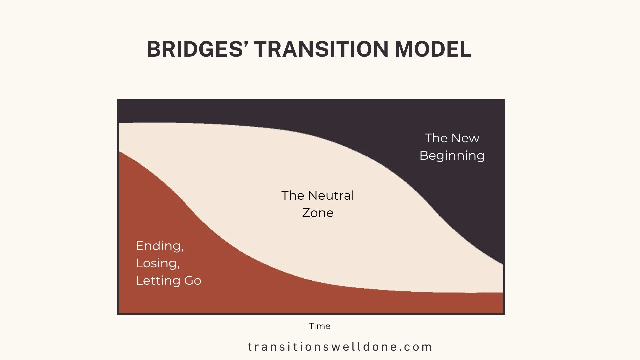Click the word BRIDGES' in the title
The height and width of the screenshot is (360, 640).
197,49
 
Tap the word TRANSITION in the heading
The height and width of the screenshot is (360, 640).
321,49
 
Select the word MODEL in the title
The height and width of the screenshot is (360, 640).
433,49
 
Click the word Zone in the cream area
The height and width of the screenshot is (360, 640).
318,213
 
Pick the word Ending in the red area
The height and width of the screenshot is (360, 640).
158,246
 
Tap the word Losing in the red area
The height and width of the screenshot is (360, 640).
156,263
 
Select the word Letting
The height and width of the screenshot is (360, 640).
158,281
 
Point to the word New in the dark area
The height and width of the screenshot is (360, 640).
465,138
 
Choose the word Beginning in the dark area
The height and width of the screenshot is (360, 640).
452,156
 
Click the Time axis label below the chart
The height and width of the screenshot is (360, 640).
319,326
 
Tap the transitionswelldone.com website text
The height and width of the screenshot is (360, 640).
340,347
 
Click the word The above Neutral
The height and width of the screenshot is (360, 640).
293,196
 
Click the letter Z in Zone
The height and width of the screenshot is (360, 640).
306,213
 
